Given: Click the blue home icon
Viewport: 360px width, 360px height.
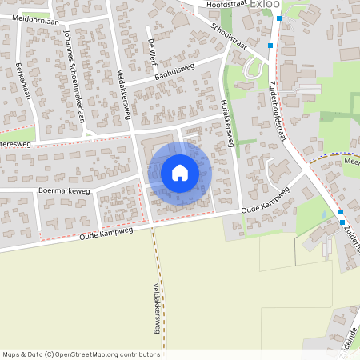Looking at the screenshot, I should pos(180,173).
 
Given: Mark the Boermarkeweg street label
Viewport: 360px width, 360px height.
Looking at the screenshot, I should pos(65,192).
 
